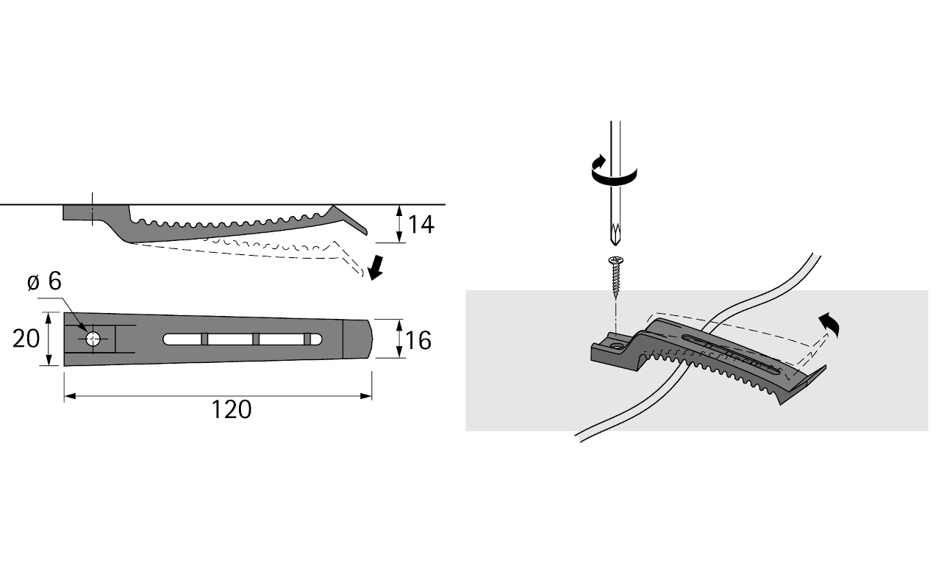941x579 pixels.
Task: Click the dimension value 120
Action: point(232,409)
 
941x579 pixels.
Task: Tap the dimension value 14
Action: point(421,224)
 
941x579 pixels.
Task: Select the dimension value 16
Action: point(418,340)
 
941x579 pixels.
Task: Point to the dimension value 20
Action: point(26,339)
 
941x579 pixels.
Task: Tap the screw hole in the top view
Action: point(93,339)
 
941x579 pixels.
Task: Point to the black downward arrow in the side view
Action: point(376,268)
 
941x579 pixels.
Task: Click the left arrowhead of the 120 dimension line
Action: point(69,397)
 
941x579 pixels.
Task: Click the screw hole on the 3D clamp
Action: point(615,341)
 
